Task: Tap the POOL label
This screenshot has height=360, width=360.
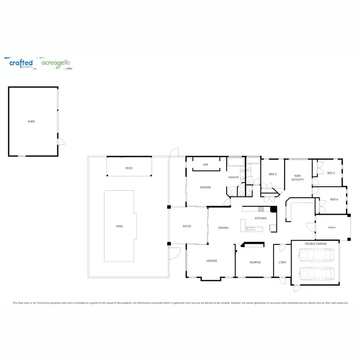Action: point(120,226)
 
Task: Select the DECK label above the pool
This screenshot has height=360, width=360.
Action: point(129,168)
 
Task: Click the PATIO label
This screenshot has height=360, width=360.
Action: point(187,226)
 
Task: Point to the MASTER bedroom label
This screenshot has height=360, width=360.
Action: point(205,187)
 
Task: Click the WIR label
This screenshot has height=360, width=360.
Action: point(205,165)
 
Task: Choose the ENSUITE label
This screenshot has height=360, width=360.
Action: point(233,177)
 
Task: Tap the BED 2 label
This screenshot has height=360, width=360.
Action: point(272,174)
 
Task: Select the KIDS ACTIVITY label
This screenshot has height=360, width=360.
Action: point(298,178)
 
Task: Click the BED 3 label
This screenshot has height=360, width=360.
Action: point(331,173)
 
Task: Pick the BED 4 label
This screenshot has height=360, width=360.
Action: point(334,199)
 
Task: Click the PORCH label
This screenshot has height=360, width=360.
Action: point(331,228)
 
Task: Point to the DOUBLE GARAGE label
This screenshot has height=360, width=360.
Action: point(315,244)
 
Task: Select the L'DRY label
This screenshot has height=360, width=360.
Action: point(282,262)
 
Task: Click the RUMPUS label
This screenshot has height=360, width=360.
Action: point(255,262)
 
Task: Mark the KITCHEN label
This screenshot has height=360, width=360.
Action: point(261,218)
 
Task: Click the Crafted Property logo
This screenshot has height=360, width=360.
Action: point(21,63)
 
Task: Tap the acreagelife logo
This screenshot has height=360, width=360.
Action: point(56,63)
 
